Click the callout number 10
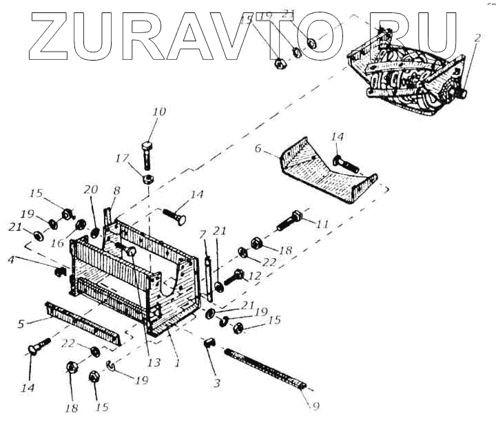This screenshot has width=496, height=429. tap(159, 112)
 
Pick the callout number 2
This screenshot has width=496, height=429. tap(477, 39)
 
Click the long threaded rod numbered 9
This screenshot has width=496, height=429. tap(265, 368)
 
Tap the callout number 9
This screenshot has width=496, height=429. tap(316, 406)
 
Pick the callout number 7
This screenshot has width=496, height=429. tap(203, 235)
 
